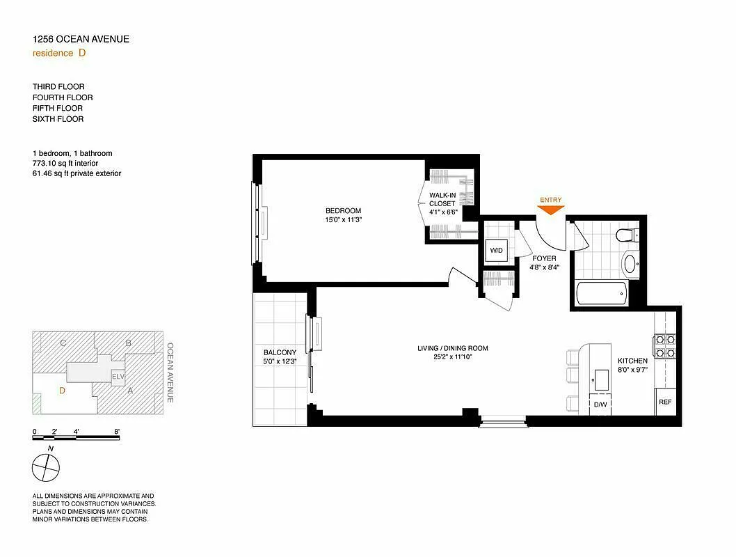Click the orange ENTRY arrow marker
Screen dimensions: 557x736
point(550,210)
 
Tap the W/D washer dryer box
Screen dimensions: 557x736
point(497,250)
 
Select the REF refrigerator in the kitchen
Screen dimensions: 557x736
point(665,402)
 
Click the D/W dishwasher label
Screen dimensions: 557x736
point(599,404)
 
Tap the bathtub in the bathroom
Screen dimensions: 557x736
point(602,293)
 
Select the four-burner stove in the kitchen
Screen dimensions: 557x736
point(664,346)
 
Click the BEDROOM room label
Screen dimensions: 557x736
point(343,211)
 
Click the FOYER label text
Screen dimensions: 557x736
point(544,258)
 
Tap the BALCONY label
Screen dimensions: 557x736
point(280,352)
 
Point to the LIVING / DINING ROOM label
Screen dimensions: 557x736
point(452,348)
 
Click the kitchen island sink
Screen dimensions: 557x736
point(599,379)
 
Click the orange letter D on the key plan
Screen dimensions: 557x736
point(62,391)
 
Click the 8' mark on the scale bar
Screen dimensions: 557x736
point(117,432)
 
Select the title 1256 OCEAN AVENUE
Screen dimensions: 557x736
point(81,39)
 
